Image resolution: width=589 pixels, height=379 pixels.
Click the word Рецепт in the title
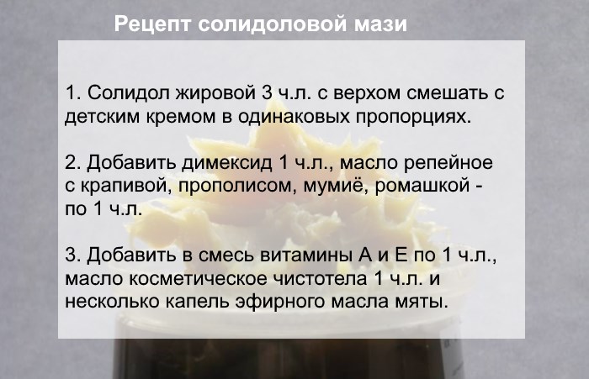pyautogui.click(x=153, y=24)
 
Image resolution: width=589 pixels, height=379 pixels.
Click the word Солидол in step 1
pyautogui.click(x=129, y=92)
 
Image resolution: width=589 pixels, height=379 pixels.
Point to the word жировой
pyautogui.click(x=216, y=94)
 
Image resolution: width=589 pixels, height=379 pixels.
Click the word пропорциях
pyautogui.click(x=413, y=118)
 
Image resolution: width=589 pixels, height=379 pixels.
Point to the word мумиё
pyautogui.click(x=336, y=186)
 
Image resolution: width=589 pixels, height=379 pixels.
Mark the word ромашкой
pyautogui.click(x=422, y=187)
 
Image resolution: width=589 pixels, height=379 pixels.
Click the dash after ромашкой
pyautogui.click(x=479, y=186)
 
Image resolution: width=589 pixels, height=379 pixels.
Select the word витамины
pyautogui.click(x=306, y=255)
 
